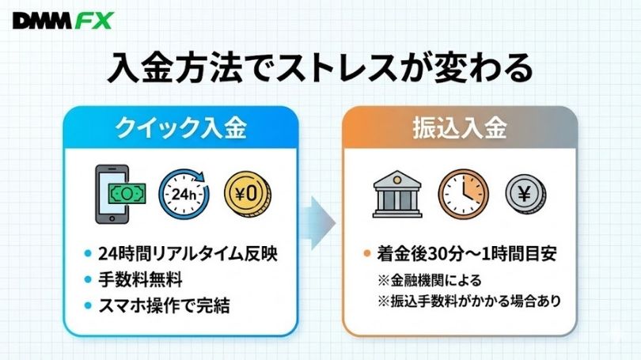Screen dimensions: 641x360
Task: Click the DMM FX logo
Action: pyautogui.click(x=63, y=21)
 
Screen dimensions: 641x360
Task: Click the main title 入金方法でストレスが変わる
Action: pyautogui.click(x=320, y=68)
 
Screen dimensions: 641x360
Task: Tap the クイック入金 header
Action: pyautogui.click(x=180, y=128)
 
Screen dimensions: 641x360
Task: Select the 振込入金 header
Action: pyautogui.click(x=460, y=128)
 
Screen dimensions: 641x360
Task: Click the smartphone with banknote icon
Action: pyautogui.click(x=120, y=194)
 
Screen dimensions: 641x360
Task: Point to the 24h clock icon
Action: pyautogui.click(x=184, y=194)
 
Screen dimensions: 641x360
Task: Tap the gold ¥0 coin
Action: pyautogui.click(x=248, y=193)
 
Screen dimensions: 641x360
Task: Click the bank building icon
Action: pyautogui.click(x=397, y=194)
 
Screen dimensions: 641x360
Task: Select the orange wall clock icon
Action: pyautogui.click(x=463, y=194)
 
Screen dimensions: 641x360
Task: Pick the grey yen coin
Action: pyautogui.click(x=525, y=194)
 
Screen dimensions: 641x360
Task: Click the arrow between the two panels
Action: pyautogui.click(x=319, y=223)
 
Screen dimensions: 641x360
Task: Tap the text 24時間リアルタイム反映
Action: pyautogui.click(x=188, y=254)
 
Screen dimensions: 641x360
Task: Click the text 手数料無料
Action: pyautogui.click(x=140, y=280)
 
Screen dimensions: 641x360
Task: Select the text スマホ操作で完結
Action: pyautogui.click(x=165, y=305)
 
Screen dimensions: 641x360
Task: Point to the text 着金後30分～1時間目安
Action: pyautogui.click(x=467, y=254)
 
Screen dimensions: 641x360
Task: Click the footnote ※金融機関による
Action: pyautogui.click(x=430, y=281)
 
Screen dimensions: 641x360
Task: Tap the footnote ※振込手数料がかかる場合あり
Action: pyautogui.click(x=469, y=301)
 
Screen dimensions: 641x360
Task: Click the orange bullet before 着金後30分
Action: pyautogui.click(x=366, y=253)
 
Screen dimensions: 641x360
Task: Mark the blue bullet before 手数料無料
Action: pyautogui.click(x=88, y=279)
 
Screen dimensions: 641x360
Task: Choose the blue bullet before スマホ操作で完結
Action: pyautogui.click(x=88, y=305)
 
